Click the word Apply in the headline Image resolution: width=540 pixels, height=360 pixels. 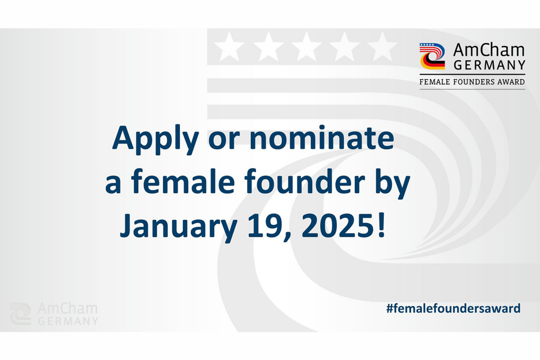click(x=156, y=139)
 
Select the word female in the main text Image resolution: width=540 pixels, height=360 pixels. click(x=183, y=180)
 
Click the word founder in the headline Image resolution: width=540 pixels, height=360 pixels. click(x=305, y=180)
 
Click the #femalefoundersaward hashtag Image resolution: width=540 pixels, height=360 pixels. click(x=453, y=309)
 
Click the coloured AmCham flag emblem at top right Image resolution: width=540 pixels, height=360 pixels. click(x=432, y=56)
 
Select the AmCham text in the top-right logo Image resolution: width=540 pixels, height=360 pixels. click(x=489, y=50)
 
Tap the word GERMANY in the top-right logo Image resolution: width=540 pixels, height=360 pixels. click(x=489, y=65)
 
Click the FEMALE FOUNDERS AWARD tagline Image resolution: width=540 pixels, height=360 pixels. click(x=472, y=82)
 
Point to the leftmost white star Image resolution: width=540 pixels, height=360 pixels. click(x=229, y=47)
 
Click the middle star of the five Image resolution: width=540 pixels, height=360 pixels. click(x=306, y=47)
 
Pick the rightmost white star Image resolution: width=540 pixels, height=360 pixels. click(x=382, y=47)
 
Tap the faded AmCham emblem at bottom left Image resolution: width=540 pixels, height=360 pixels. click(x=20, y=314)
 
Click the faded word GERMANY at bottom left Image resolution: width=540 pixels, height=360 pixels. click(x=68, y=321)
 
